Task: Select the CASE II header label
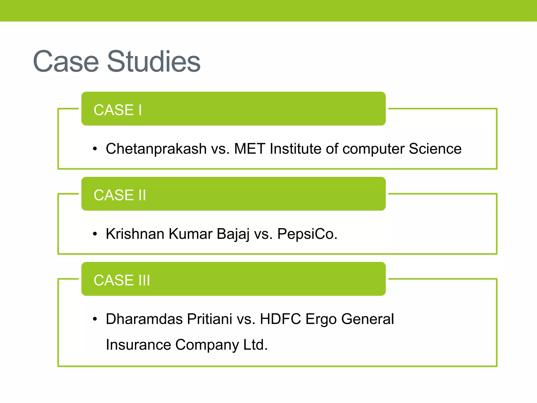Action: click(120, 195)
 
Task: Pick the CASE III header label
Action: click(122, 280)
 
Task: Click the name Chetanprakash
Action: click(156, 149)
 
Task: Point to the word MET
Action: click(249, 149)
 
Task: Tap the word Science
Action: click(435, 149)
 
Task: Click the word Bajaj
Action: click(233, 234)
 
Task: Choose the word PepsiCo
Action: click(307, 234)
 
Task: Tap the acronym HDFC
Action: click(280, 319)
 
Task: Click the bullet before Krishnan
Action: click(95, 234)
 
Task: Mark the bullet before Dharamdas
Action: click(95, 319)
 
